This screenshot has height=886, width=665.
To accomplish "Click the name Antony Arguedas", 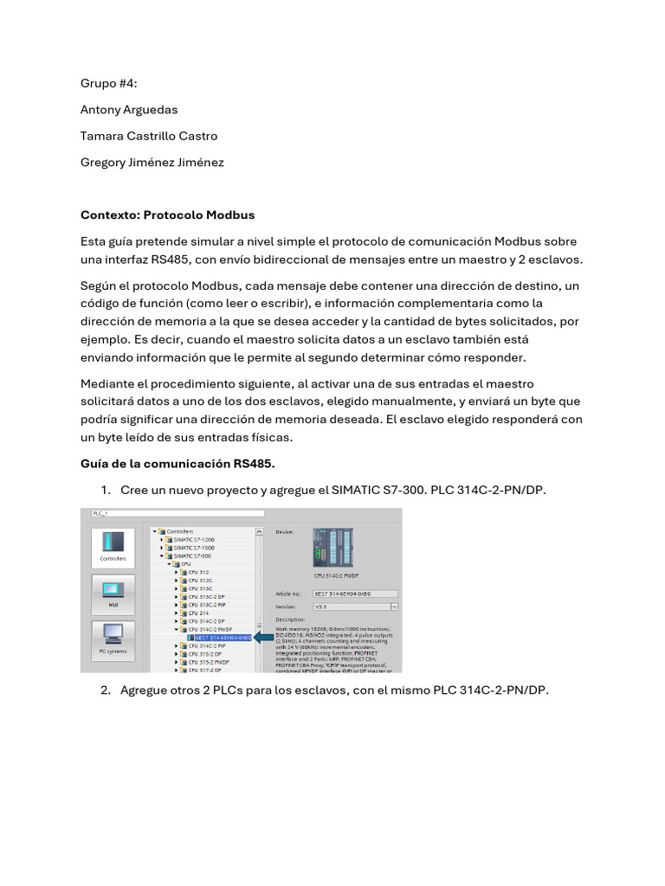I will pos(128,110).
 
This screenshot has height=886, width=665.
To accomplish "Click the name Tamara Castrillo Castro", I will pos(149,136).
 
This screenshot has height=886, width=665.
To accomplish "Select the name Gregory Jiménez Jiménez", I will pos(152,162).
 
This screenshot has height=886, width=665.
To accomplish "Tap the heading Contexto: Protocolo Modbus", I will pos(167,215).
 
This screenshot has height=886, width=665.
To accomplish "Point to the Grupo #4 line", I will pos(109,84).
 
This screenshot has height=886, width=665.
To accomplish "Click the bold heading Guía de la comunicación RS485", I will pos(178,465).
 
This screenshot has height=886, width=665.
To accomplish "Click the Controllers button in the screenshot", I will pos(113,548).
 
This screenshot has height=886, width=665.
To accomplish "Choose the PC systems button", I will pos(113,639).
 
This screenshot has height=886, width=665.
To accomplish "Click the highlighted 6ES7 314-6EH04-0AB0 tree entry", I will pos(221,637).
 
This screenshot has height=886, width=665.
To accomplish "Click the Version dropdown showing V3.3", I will pos(355,607).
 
